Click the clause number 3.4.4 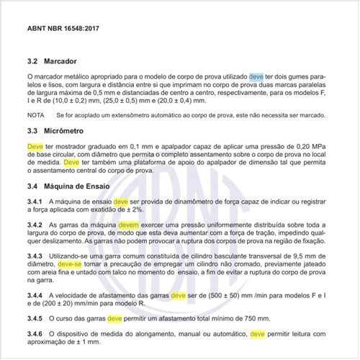35,297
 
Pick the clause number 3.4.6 35,334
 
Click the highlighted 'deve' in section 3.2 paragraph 256,76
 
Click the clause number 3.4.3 35,256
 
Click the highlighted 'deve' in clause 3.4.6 259,334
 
